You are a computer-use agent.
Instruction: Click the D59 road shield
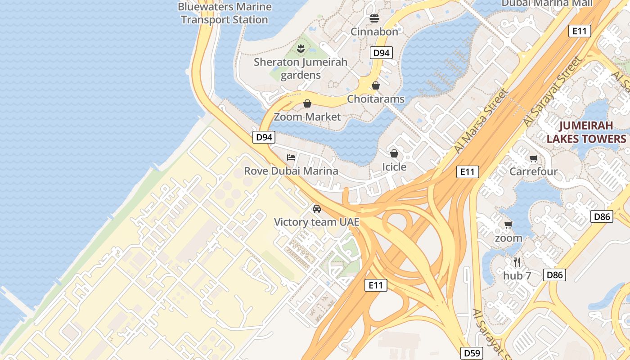[x=472, y=353]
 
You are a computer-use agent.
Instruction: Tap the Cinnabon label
[x=374, y=31]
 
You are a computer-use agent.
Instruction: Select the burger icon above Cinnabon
[x=374, y=18]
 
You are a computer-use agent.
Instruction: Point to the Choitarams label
[x=376, y=99]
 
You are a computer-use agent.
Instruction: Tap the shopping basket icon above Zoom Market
[x=307, y=104]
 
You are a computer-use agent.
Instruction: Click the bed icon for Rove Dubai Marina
[x=291, y=157]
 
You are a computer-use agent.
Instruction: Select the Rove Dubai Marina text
[x=291, y=171]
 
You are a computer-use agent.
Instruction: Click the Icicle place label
[x=394, y=167]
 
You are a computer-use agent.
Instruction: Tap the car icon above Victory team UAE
[x=317, y=209]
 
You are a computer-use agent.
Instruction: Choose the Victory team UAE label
[x=317, y=222]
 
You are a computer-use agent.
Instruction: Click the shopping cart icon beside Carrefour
[x=534, y=158]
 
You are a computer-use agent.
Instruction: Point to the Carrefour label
[x=534, y=171]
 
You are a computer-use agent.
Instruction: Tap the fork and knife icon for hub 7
[x=517, y=262]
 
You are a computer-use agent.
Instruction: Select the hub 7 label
[x=517, y=275]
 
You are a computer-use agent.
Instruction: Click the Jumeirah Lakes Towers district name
[x=586, y=132]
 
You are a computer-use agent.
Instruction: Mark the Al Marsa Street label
[x=481, y=121]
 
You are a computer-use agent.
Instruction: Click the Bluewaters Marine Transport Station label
[x=225, y=13]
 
